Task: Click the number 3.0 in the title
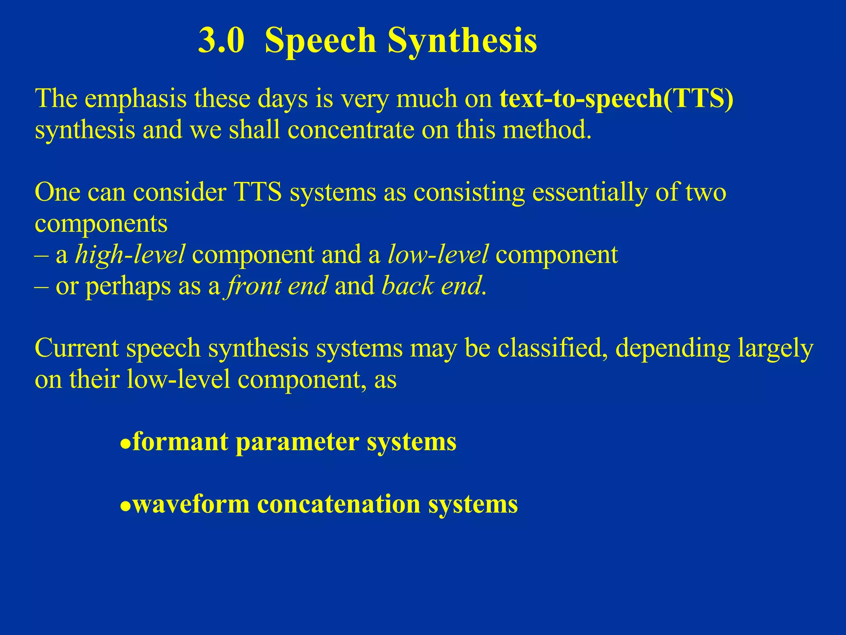click(221, 41)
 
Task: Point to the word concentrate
click(351, 130)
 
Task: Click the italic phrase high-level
click(130, 254)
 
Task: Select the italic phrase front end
click(276, 286)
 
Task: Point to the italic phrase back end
click(432, 286)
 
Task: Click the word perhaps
click(128, 286)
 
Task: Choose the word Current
click(76, 348)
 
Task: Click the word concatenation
click(338, 505)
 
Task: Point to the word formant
click(180, 442)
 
